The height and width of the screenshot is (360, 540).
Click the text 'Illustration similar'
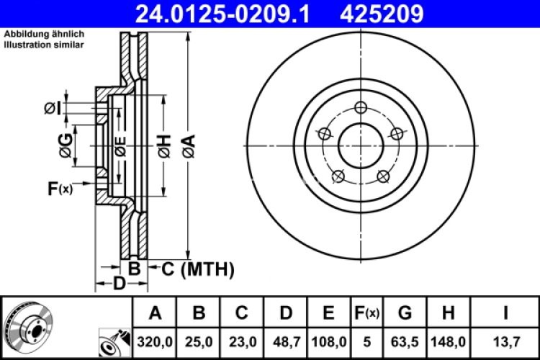44,45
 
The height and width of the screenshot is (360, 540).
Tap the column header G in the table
405,312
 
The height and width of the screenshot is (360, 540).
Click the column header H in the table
448,312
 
